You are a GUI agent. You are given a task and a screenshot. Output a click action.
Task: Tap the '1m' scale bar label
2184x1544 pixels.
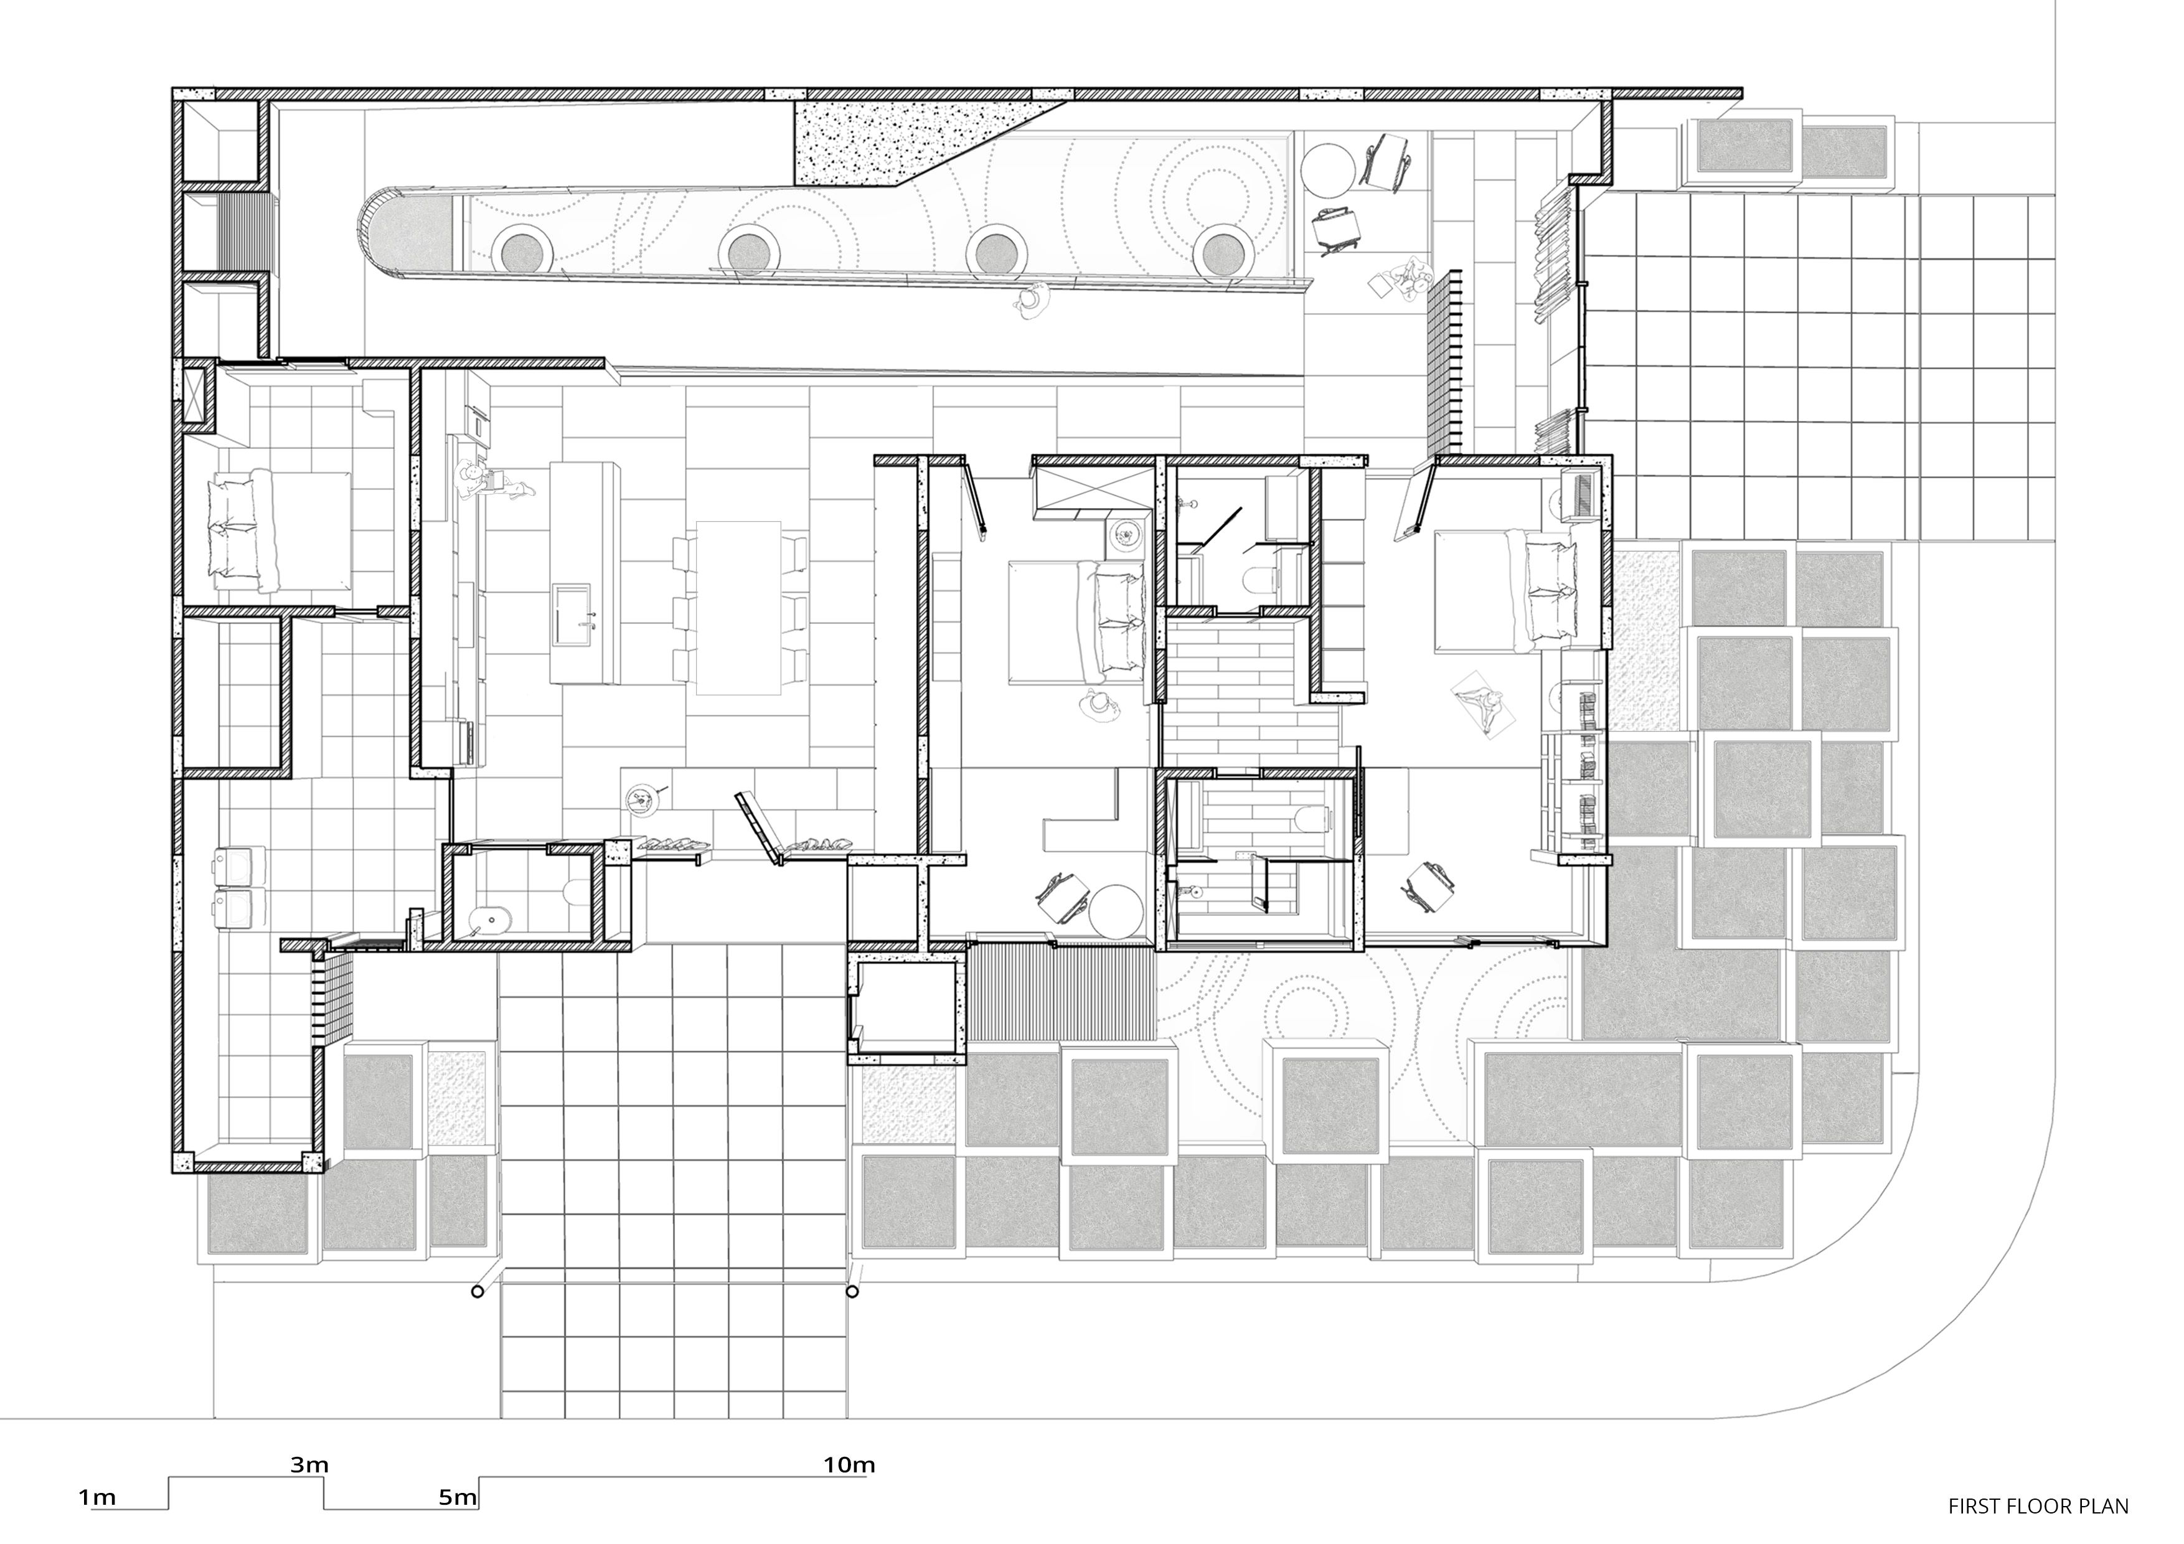(x=97, y=1497)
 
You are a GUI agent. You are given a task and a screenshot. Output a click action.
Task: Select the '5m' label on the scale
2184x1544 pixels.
(x=458, y=1497)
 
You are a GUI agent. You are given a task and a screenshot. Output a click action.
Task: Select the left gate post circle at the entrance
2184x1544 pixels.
(x=478, y=1291)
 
